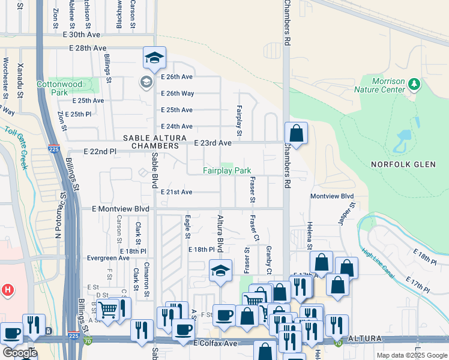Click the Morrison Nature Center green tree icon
tap(413, 84)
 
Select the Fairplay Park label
tap(226, 171)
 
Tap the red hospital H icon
tap(8, 290)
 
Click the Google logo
tap(19, 353)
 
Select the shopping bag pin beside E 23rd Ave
tap(296, 133)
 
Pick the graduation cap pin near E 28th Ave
tap(154, 58)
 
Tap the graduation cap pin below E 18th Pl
tap(220, 271)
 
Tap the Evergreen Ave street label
tap(108, 258)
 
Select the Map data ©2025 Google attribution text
tap(412, 355)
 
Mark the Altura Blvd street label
tap(220, 233)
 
